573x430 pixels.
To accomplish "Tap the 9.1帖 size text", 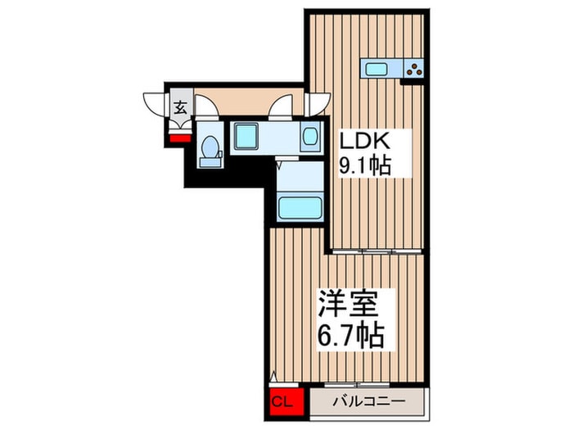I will [x=364, y=164].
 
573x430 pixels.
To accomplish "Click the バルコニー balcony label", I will [x=368, y=402].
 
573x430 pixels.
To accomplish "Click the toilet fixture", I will [x=210, y=151].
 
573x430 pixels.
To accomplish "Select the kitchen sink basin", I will [x=379, y=68].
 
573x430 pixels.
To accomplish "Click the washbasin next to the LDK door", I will [x=309, y=137].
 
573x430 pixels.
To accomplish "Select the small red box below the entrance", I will [x=179, y=137].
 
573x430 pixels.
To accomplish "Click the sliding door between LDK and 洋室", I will [x=377, y=249].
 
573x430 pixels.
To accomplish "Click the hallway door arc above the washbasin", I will [x=282, y=106].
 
